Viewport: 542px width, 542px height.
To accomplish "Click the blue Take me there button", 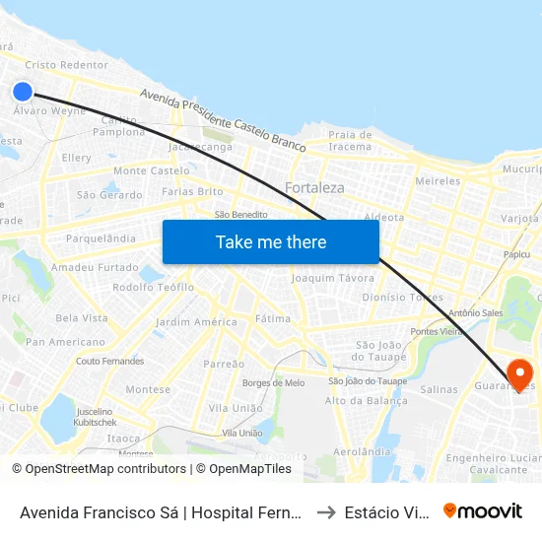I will tap(271, 241).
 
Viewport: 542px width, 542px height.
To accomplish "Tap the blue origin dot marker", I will tap(23, 92).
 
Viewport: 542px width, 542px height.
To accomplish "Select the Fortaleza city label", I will tap(314, 187).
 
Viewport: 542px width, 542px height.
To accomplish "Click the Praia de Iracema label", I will tap(350, 141).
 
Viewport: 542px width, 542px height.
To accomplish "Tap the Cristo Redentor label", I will tap(67, 65).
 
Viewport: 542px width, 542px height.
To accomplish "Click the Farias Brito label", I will tap(192, 191).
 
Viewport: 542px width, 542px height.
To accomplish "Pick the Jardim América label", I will tap(196, 322).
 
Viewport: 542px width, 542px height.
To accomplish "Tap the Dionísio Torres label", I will tap(402, 297).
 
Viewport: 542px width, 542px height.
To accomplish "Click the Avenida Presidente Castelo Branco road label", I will tap(222, 119).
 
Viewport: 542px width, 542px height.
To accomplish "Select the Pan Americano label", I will tap(65, 342).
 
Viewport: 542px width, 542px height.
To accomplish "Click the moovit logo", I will tap(483, 510).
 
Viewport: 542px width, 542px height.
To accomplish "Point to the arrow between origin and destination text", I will tap(324, 512).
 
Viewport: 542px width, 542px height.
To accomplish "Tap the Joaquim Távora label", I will tap(333, 278).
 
